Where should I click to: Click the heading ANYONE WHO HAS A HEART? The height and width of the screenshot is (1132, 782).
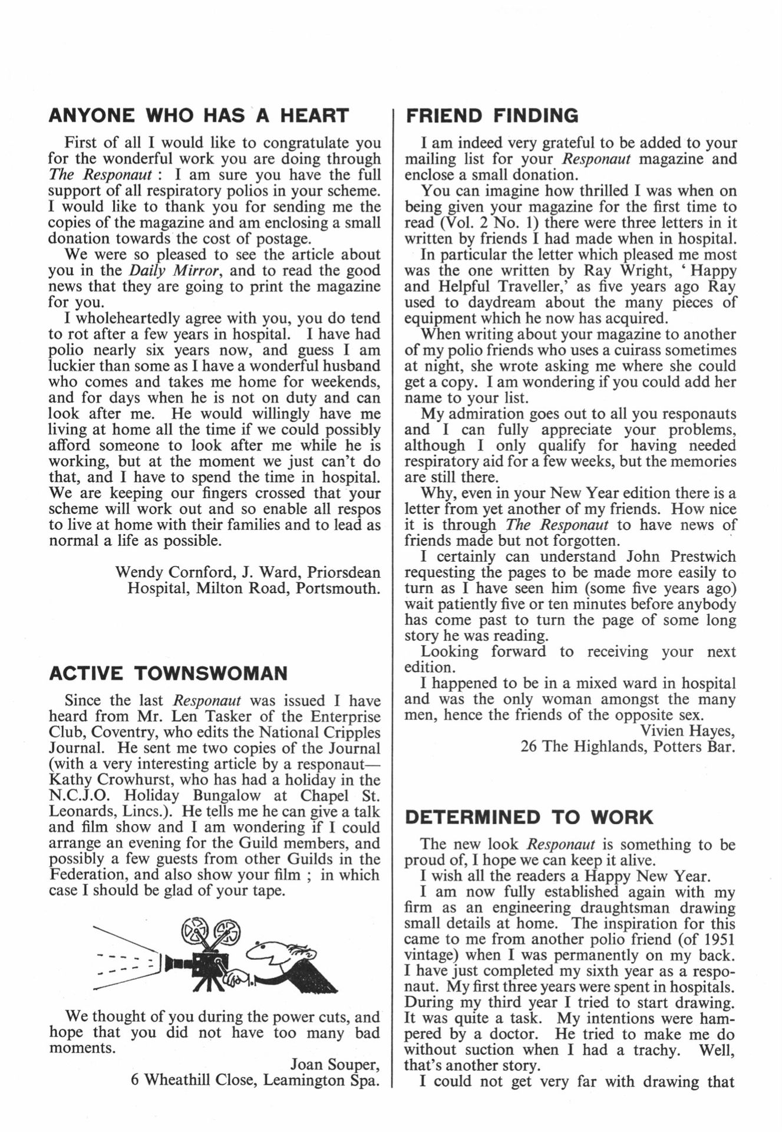coord(199,116)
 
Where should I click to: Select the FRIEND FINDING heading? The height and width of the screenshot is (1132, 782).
coord(492,116)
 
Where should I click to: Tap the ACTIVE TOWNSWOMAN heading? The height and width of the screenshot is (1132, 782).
coord(169,673)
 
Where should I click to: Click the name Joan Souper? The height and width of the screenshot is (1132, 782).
coord(335,1064)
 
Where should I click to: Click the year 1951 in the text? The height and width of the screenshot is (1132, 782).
coord(717,939)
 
